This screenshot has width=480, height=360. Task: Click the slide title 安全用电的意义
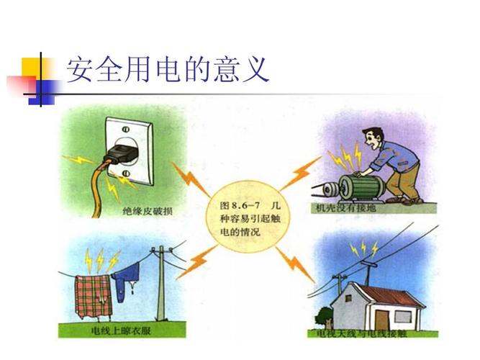[167, 70]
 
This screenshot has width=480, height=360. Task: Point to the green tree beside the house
[325, 317]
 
